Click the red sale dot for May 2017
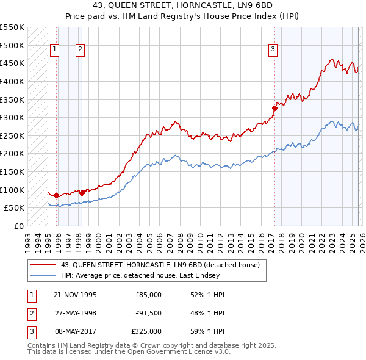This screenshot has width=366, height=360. coord(274,109)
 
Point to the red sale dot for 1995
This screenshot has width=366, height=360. coord(56,195)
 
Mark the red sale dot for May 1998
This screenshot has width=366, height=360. coord(82,193)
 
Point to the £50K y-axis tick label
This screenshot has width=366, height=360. coord(14,208)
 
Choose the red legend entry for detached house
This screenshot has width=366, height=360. coord(160,265)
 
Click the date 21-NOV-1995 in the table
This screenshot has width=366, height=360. coord(75,295)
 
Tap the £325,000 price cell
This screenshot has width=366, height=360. coord(146,331)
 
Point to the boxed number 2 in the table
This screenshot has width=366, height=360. coord(30,314)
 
